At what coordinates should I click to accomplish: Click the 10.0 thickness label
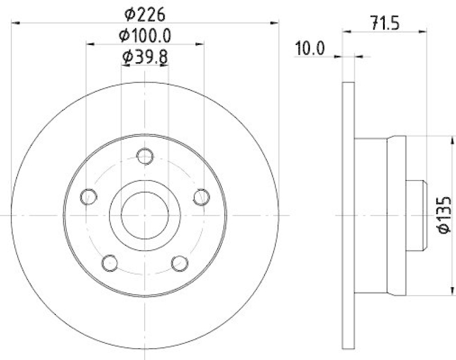pos(310,48)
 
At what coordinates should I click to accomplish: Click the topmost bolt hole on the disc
pos(146,156)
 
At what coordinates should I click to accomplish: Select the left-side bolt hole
pos(88,197)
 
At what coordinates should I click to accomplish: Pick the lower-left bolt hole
pos(110,263)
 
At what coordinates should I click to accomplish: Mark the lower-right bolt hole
pos(180,263)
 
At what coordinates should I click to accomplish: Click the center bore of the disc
pos(145,215)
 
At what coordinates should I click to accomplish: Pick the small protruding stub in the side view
pos(416,215)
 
